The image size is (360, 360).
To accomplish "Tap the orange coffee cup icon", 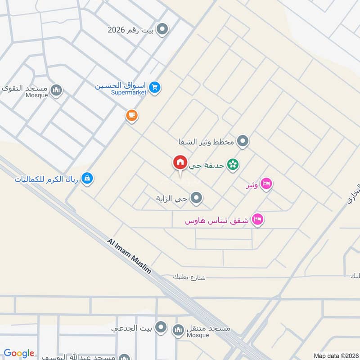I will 131,116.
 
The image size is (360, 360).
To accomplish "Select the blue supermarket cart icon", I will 155,87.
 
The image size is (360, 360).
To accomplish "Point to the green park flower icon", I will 233,165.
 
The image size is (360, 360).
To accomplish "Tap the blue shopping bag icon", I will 87,179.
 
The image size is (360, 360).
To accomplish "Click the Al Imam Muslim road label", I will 129,256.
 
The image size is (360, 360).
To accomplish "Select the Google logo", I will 19,353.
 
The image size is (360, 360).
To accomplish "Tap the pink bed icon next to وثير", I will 266,184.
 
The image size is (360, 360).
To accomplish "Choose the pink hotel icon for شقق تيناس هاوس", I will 258,220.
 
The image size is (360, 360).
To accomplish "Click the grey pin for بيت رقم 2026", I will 163,30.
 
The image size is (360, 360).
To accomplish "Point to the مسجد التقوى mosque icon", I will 57,90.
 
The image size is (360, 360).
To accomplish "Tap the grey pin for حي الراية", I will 196,198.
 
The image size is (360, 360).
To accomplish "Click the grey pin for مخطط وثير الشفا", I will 243,141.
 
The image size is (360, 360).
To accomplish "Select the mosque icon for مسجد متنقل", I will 179,331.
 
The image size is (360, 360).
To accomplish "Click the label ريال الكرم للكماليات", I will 46,179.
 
